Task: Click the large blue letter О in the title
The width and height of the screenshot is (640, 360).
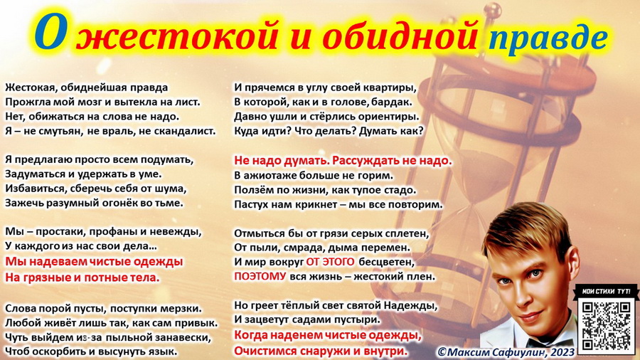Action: point(50,33)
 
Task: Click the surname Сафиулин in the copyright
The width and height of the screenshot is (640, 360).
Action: point(511,351)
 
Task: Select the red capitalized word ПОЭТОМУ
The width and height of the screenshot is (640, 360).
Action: point(260,276)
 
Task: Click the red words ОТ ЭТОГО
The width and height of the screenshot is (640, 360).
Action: point(330,262)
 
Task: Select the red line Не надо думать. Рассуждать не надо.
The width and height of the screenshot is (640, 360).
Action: point(343,160)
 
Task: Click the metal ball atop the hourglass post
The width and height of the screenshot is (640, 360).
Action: point(495,10)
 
